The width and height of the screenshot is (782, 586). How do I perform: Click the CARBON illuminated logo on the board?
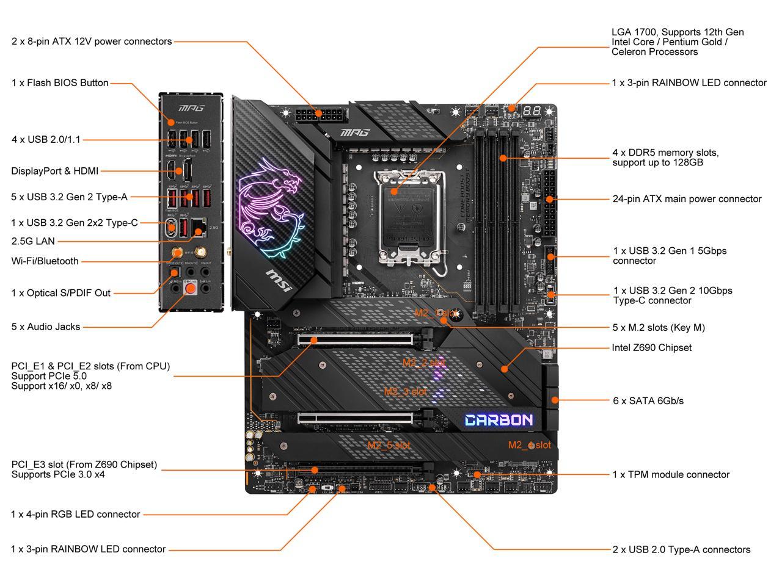pyautogui.click(x=499, y=420)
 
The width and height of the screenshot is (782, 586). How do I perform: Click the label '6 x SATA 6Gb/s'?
pyautogui.click(x=648, y=401)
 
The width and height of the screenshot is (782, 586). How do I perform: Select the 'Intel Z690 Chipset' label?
pyautogui.click(x=652, y=347)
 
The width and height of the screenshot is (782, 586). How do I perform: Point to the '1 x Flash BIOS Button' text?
pyautogui.click(x=60, y=83)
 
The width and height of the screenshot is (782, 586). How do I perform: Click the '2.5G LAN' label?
pyautogui.click(x=33, y=241)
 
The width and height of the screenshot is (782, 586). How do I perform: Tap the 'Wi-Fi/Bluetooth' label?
pyautogui.click(x=45, y=261)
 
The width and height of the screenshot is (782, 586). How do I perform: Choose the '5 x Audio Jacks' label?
pyautogui.click(x=46, y=327)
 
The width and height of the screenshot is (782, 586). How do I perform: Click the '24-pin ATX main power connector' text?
pyautogui.click(x=687, y=199)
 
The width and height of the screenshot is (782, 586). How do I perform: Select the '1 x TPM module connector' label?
pyautogui.click(x=671, y=475)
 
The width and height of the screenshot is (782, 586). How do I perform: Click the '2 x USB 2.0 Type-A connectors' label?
pyautogui.click(x=681, y=550)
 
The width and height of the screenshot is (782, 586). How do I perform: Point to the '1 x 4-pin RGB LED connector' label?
pyautogui.click(x=76, y=515)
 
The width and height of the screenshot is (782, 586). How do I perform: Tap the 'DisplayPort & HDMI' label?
pyautogui.click(x=55, y=172)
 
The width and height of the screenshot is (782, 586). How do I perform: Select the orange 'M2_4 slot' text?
pyautogui.click(x=529, y=445)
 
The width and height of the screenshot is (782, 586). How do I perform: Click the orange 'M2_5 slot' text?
pyautogui.click(x=388, y=446)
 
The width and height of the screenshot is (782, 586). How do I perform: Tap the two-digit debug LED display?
pyautogui.click(x=531, y=111)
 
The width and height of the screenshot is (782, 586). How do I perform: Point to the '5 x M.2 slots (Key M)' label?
pyautogui.click(x=659, y=328)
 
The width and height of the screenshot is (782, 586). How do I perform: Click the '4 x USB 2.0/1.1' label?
pyautogui.click(x=46, y=140)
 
